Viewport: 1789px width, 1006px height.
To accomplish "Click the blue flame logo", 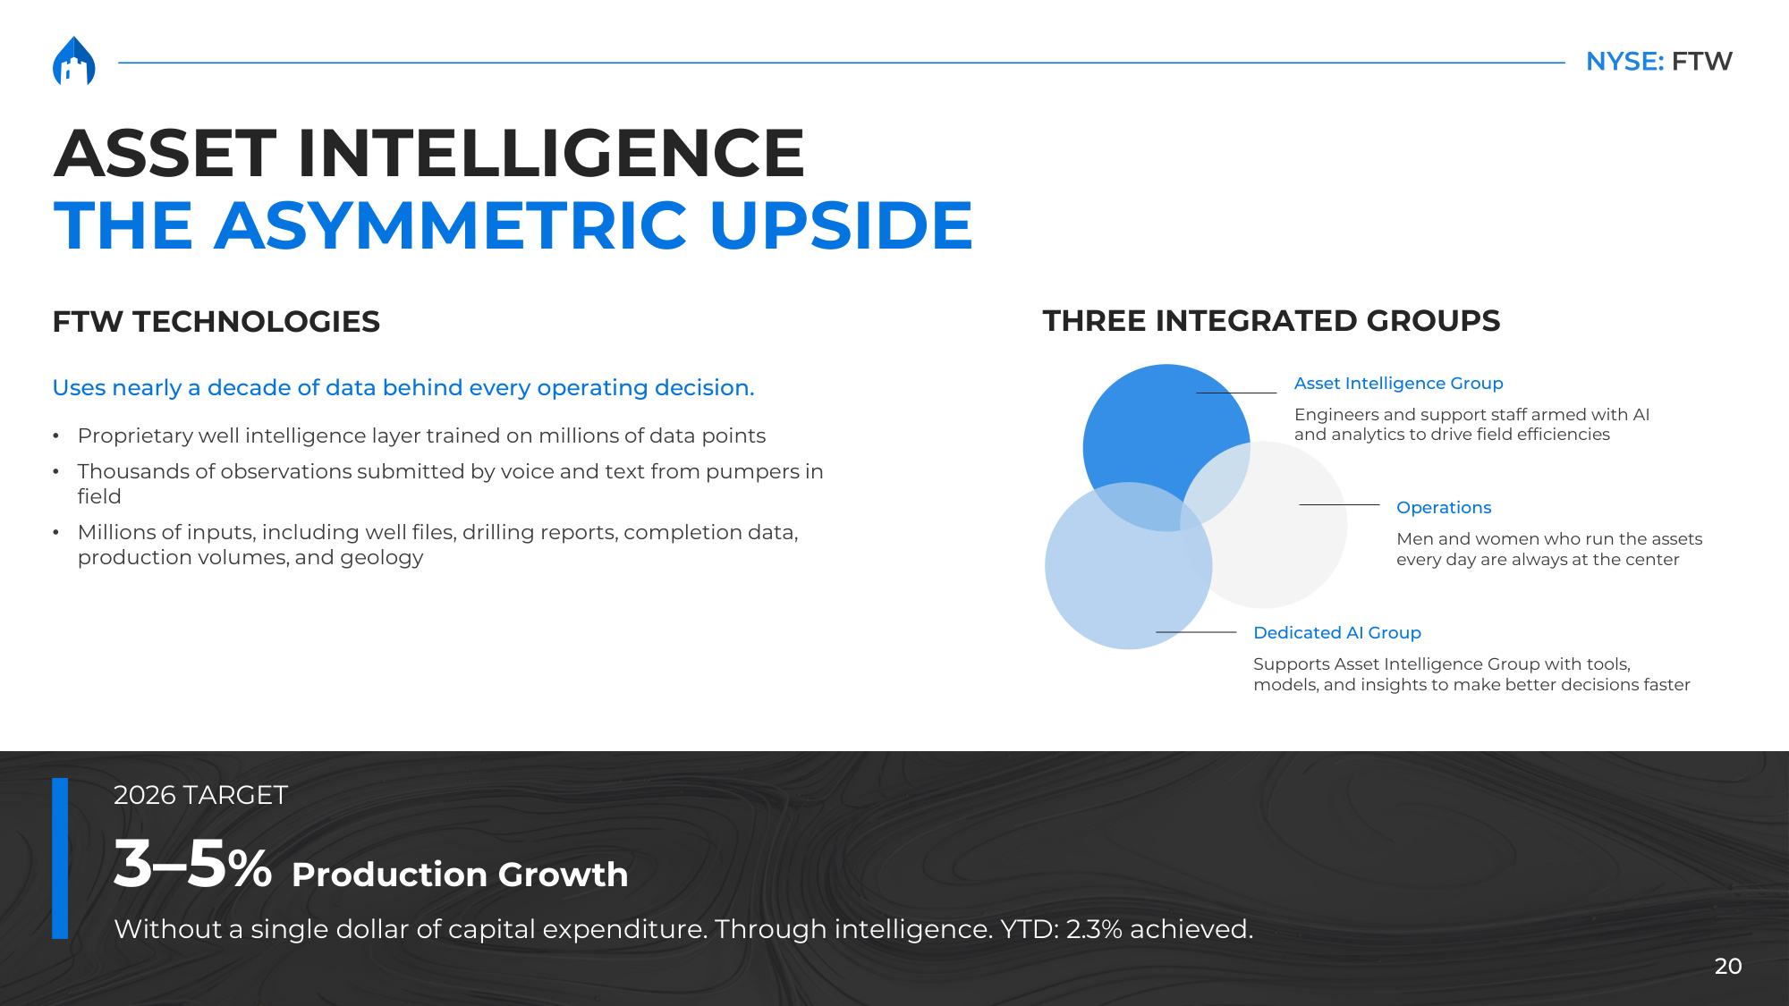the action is tap(73, 61).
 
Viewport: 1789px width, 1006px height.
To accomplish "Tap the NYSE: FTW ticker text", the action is tap(1658, 61).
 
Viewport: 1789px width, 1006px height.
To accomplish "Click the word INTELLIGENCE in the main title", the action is tap(551, 153).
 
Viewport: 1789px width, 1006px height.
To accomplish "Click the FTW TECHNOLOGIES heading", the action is tap(216, 322).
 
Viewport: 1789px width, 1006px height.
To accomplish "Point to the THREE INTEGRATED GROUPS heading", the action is tap(1271, 321).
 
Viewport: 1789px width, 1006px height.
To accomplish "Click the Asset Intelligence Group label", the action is tap(1398, 384).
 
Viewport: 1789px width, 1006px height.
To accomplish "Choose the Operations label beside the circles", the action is tap(1444, 508).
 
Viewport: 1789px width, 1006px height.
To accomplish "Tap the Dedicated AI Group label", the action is tap(1337, 633).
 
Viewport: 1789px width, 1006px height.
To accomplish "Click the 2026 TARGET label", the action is tap(200, 795).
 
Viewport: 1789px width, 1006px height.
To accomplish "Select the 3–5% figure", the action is tap(192, 865).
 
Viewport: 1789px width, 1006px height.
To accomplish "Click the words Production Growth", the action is tap(460, 875).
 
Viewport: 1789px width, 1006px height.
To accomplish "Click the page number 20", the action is tap(1728, 966).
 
